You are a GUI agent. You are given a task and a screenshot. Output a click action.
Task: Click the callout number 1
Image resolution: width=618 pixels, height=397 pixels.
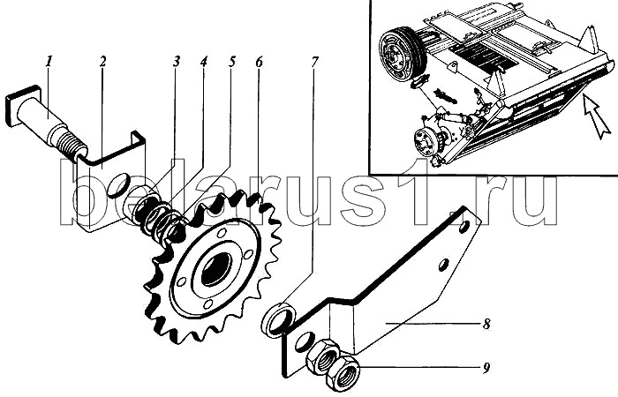[x=50, y=64]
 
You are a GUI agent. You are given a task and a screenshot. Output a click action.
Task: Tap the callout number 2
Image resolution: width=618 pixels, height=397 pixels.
[x=102, y=64]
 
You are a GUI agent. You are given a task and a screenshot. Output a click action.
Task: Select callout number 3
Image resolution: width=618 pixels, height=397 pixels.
[x=177, y=64]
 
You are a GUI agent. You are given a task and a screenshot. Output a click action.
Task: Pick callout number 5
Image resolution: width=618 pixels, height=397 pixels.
[x=231, y=64]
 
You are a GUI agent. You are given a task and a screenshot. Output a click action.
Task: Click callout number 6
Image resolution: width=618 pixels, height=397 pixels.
[x=259, y=64]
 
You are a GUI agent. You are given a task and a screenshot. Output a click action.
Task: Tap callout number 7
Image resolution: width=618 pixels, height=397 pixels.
[x=314, y=64]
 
